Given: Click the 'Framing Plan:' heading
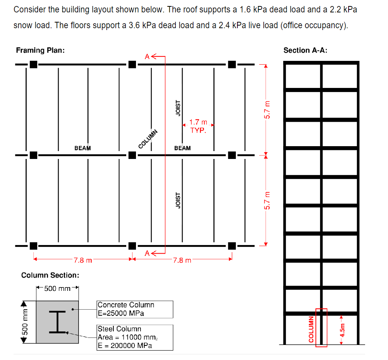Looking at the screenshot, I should [40, 50].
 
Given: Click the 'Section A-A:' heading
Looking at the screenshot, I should [305, 50].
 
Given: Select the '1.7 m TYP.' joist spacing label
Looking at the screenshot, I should [198, 126].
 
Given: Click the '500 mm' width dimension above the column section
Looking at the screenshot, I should [57, 289].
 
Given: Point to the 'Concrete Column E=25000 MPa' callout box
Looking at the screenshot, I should [135, 309].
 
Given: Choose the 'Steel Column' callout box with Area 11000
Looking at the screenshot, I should [135, 337].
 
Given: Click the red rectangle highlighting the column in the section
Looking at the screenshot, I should [322, 327].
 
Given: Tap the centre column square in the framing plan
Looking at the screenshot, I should [132, 155].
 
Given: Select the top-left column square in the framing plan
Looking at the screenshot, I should [33, 64].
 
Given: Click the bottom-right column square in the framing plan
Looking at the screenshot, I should [232, 246].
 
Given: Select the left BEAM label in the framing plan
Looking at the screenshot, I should [83, 148].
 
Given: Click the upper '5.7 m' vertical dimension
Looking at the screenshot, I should [267, 109].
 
